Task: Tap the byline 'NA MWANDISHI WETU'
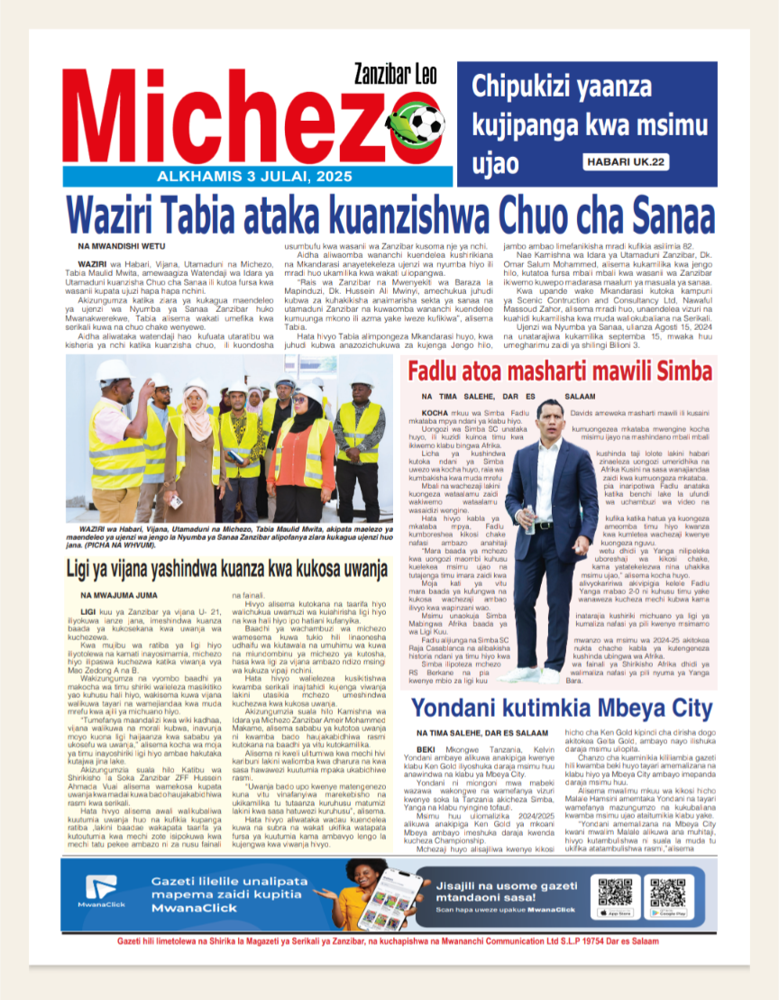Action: [x=122, y=246]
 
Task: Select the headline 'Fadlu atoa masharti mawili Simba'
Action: [x=561, y=372]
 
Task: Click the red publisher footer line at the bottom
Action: [x=388, y=940]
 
